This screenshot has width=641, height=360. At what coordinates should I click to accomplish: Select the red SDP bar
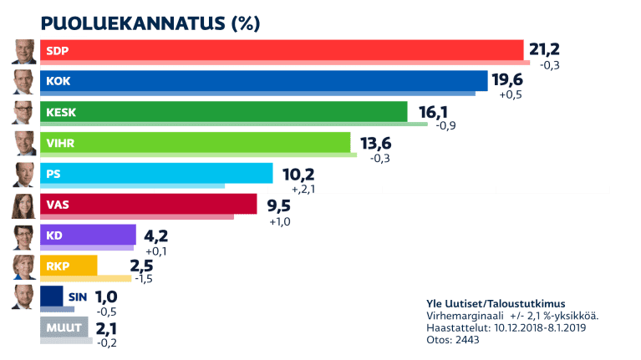point(281,50)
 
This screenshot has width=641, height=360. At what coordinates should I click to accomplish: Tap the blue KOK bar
point(263,80)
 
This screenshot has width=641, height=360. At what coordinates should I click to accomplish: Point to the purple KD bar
point(88,235)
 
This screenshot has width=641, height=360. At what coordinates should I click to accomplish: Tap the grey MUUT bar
point(64,327)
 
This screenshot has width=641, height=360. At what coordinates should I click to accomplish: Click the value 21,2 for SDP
point(543,50)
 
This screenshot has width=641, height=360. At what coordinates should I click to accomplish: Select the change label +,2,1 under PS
point(289,190)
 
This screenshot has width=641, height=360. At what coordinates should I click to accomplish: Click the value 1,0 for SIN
point(106,297)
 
